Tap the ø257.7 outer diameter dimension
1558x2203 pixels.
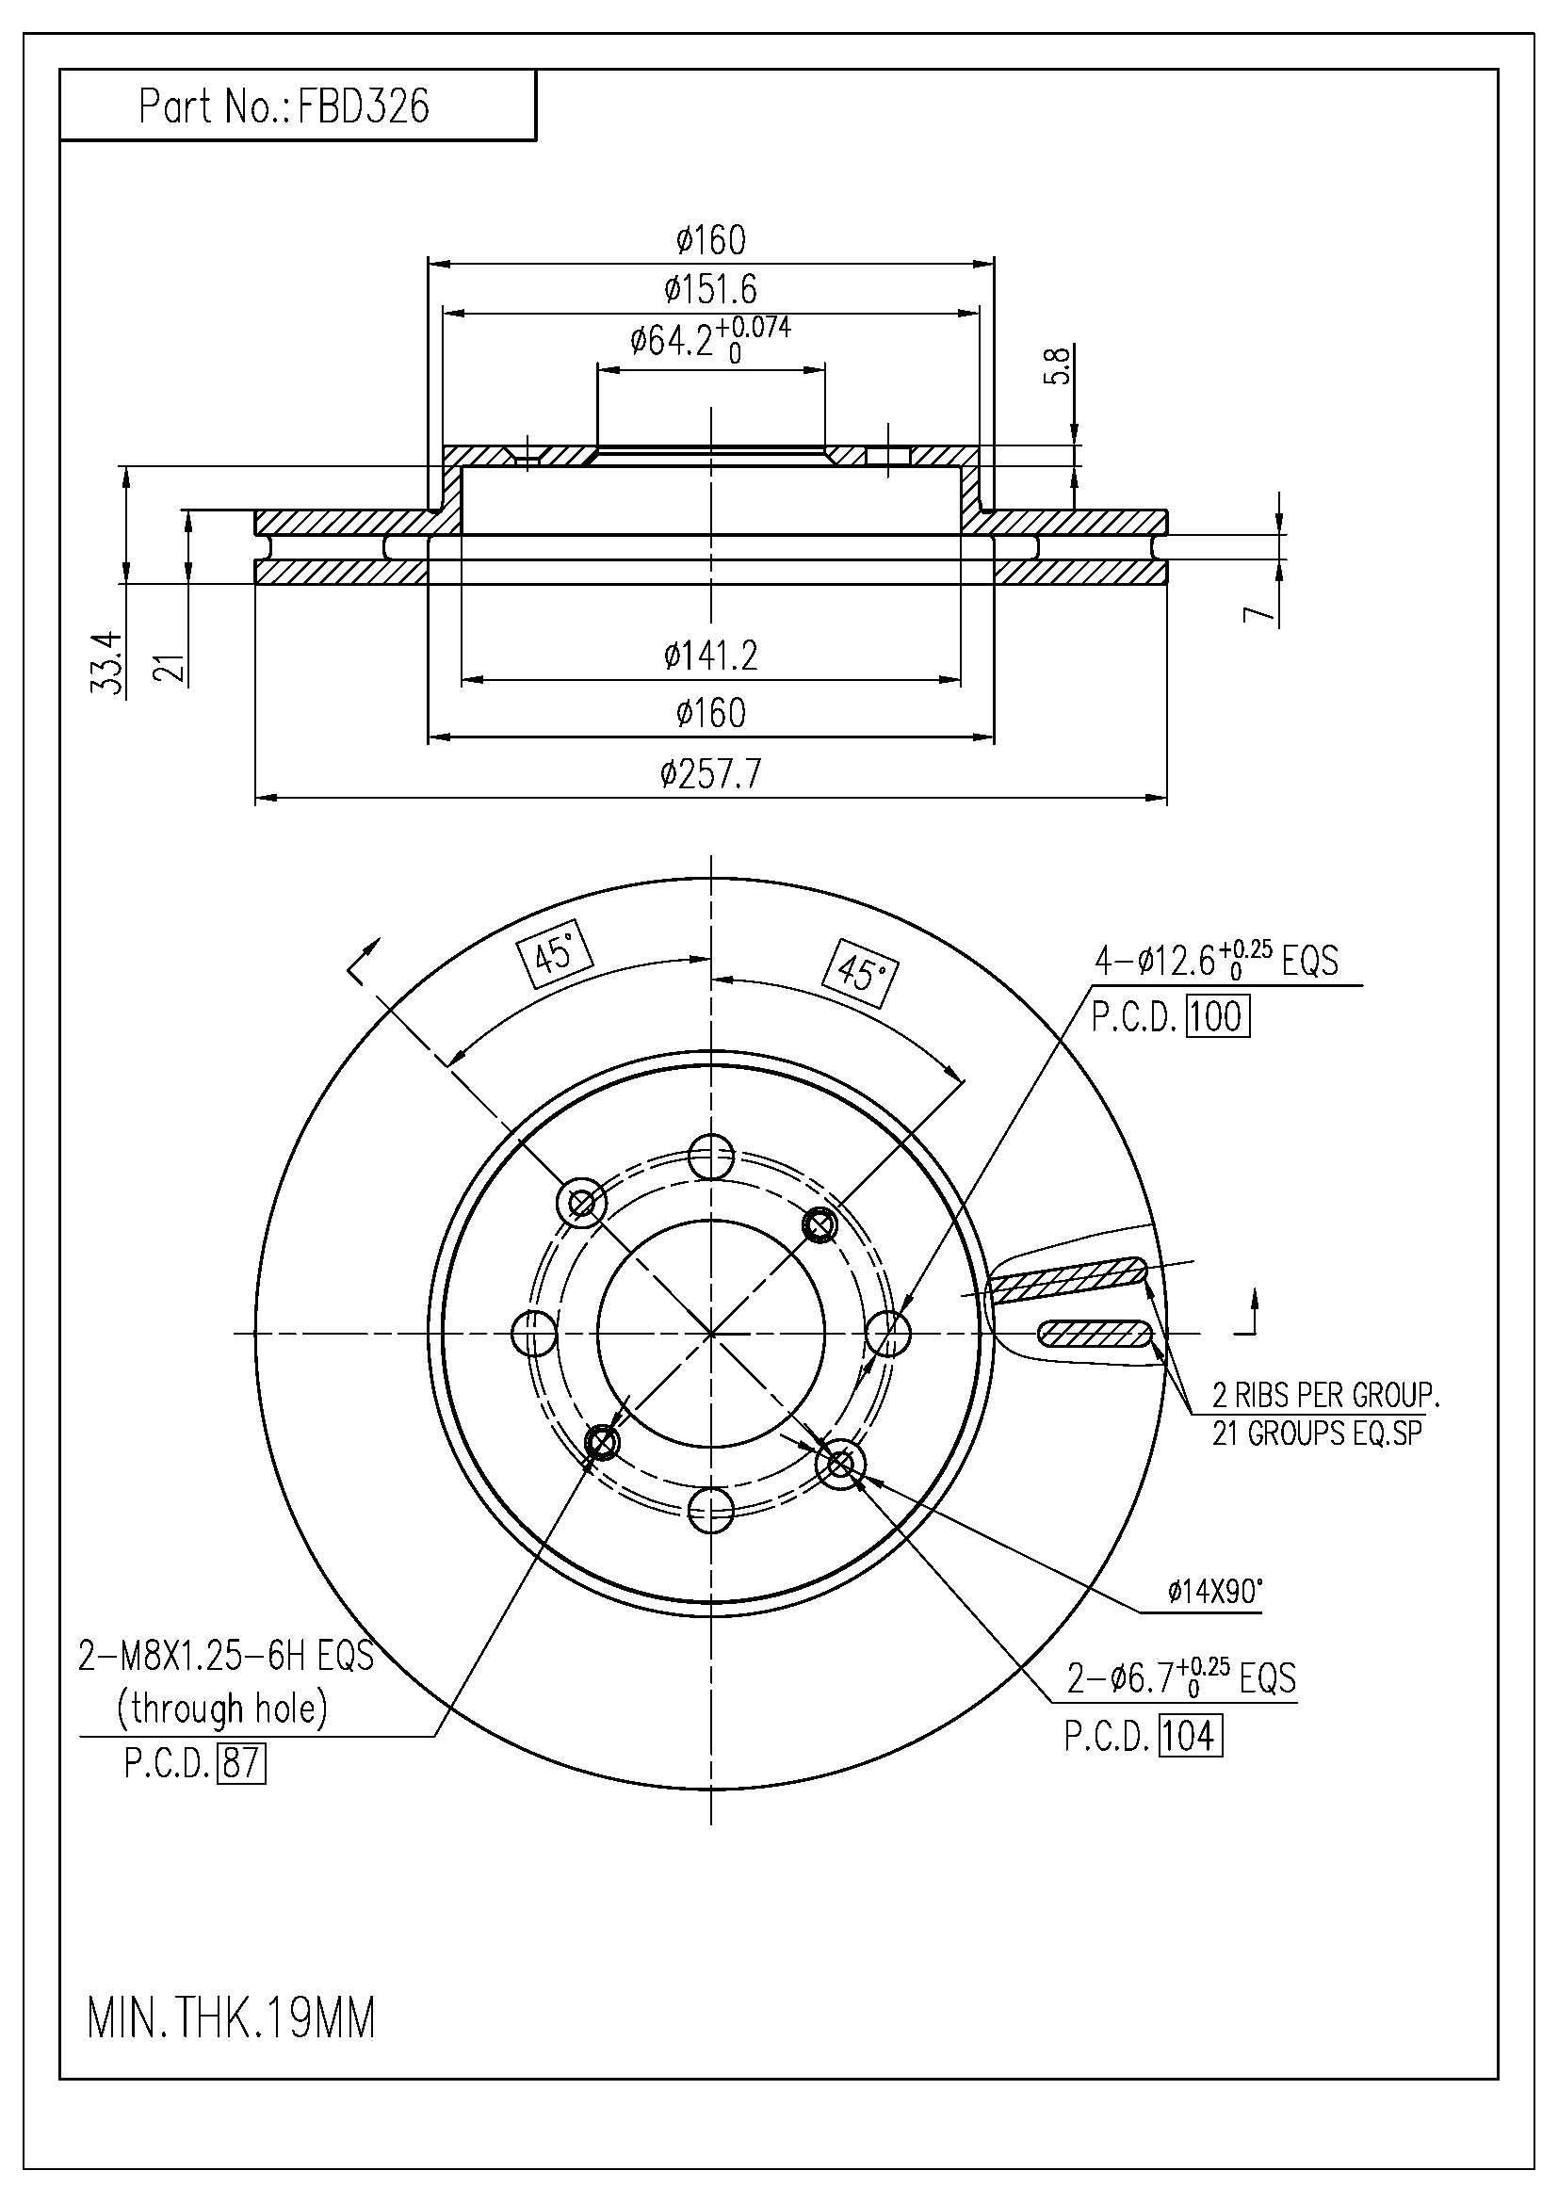[711, 773]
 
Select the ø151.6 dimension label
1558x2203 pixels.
[711, 289]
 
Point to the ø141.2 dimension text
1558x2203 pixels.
[711, 656]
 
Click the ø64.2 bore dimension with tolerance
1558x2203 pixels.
[711, 340]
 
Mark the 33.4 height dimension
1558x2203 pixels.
[107, 662]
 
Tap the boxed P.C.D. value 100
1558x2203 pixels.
[1218, 1017]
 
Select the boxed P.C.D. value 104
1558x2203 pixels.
[1191, 1736]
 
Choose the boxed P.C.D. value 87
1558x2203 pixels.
[242, 1763]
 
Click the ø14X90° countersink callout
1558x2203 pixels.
[1214, 1593]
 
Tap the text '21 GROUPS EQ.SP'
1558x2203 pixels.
[1317, 1434]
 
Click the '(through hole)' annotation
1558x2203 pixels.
[221, 1708]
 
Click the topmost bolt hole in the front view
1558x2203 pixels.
[711, 1157]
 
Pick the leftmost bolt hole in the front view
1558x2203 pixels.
[534, 1334]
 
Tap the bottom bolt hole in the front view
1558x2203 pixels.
[711, 1511]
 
